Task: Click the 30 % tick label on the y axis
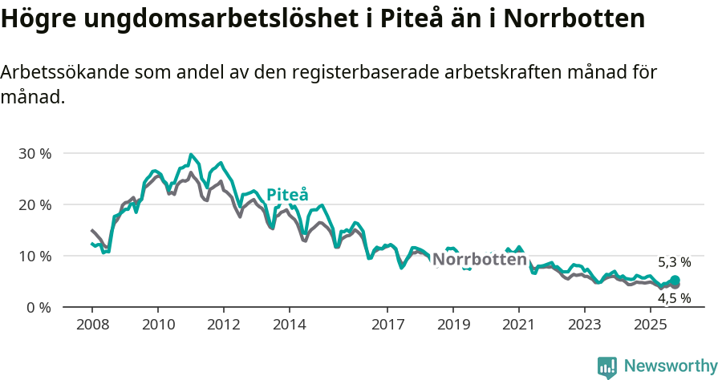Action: pyautogui.click(x=34, y=153)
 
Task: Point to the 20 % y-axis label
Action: pyautogui.click(x=34, y=204)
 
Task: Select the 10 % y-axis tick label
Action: pyautogui.click(x=34, y=256)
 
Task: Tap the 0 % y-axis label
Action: pyautogui.click(x=38, y=307)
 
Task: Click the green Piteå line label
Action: pyautogui.click(x=286, y=195)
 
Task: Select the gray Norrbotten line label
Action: pyautogui.click(x=480, y=260)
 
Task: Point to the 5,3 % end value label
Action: pyautogui.click(x=674, y=262)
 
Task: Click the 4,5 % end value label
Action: pyautogui.click(x=674, y=298)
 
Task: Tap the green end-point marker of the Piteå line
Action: pyautogui.click(x=675, y=280)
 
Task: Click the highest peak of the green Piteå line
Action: pyautogui.click(x=190, y=155)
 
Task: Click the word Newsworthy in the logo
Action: pyautogui.click(x=671, y=366)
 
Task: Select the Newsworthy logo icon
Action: pyautogui.click(x=607, y=367)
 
